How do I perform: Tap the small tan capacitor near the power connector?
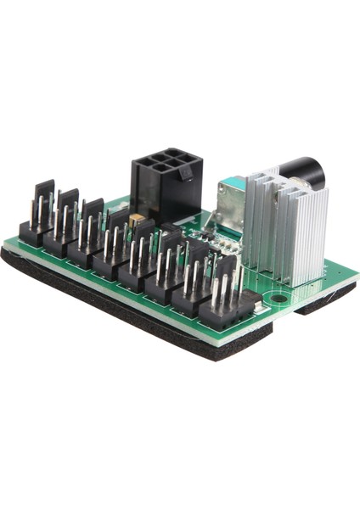135,220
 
